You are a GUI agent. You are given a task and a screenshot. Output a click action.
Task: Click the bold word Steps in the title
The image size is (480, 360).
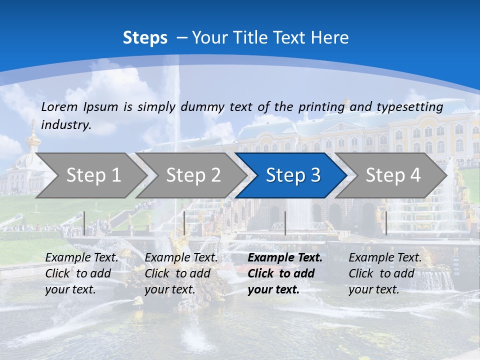click(x=145, y=38)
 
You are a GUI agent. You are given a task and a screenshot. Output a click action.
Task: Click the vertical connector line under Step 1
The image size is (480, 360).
click(x=84, y=223)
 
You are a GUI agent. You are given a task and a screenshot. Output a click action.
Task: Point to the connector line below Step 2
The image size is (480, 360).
click(x=184, y=223)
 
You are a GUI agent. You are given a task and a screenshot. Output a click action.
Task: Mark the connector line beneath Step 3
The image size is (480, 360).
click(x=285, y=223)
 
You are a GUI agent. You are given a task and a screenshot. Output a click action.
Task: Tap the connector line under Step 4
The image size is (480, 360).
click(x=386, y=223)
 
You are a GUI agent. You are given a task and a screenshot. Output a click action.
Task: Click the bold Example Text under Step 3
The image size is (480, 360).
click(x=285, y=258)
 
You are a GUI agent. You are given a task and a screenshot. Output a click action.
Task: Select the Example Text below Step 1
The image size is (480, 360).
click(x=82, y=258)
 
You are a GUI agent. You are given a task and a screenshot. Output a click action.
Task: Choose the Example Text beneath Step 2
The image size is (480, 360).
click(x=181, y=258)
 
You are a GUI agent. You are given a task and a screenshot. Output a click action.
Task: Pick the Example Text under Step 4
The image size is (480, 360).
click(x=385, y=258)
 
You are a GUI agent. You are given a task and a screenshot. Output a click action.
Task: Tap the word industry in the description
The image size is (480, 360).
click(x=66, y=125)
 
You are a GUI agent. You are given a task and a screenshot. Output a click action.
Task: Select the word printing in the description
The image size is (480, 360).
click(x=321, y=107)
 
